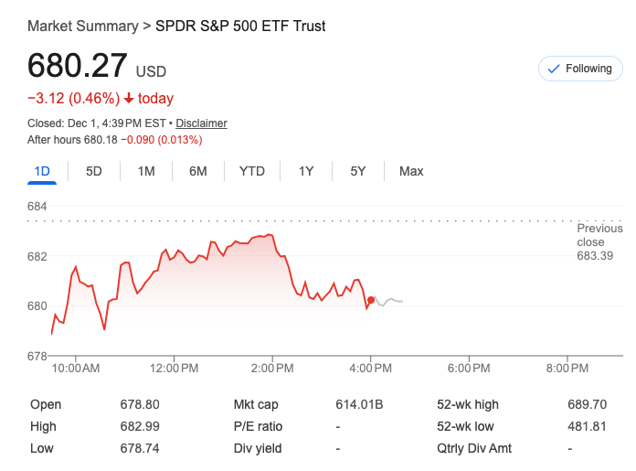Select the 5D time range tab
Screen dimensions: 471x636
(94, 171)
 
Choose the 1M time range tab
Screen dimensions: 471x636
(146, 171)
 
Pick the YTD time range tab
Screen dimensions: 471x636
(252, 171)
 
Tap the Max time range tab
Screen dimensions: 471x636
(411, 171)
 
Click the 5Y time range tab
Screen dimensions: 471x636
(357, 171)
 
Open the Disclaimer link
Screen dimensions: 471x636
(201, 123)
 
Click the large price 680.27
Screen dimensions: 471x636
(78, 67)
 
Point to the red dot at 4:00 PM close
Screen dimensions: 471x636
(370, 300)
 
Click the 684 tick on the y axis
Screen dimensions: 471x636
(37, 207)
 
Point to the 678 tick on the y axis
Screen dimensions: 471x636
(37, 356)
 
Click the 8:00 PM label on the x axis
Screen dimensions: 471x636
(567, 369)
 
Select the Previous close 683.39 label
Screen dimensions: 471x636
(599, 241)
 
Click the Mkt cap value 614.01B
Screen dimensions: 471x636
(359, 404)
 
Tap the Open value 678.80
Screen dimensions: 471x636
(140, 404)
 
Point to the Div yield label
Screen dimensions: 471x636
(258, 448)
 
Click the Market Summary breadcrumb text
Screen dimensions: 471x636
(82, 26)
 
